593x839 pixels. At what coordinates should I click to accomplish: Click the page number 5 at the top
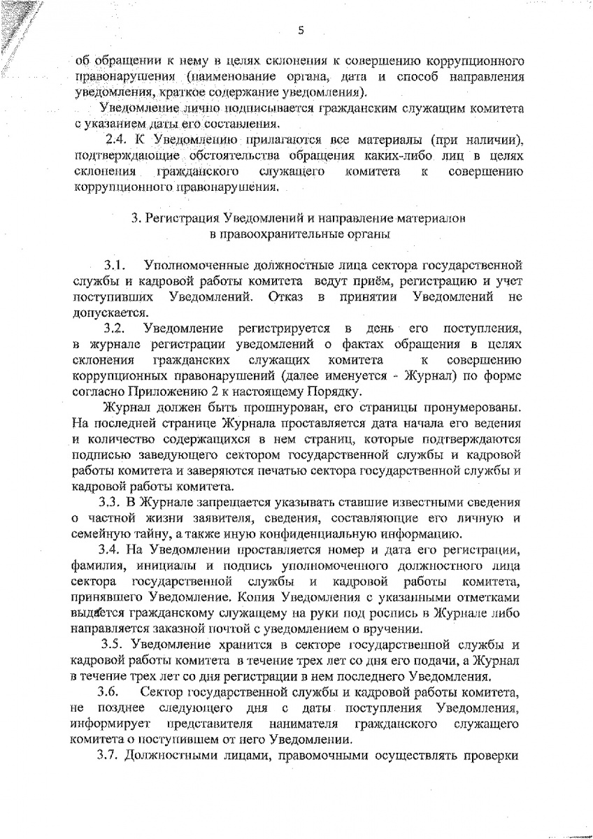click(300, 29)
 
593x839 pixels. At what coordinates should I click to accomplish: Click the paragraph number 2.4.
click(115, 140)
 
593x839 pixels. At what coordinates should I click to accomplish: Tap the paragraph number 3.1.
click(115, 266)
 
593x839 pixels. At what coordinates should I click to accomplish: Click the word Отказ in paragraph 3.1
click(286, 299)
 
